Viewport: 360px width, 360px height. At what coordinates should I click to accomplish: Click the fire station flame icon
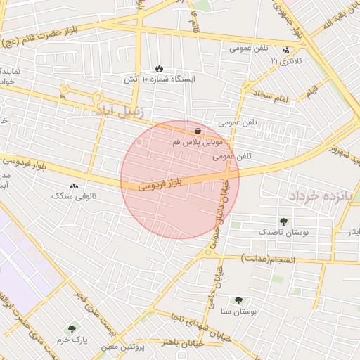click(x=159, y=68)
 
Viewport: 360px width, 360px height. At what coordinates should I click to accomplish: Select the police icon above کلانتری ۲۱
click(x=285, y=51)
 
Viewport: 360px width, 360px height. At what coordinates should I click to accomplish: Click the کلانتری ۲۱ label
click(x=285, y=61)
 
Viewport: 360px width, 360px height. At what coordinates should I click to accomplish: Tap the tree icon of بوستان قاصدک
click(x=283, y=221)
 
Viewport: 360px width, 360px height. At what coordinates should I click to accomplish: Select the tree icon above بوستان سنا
click(x=238, y=300)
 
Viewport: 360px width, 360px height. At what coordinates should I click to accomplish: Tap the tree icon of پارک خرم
click(x=72, y=328)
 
